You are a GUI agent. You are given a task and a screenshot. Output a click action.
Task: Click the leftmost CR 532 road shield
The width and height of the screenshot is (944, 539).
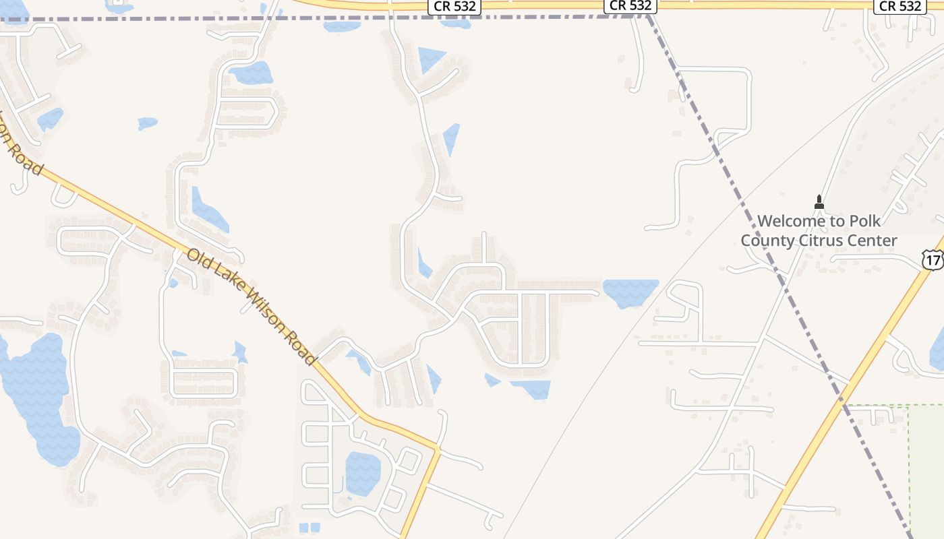click(x=452, y=6)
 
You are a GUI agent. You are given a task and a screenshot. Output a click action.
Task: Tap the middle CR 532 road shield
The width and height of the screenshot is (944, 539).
click(x=630, y=5)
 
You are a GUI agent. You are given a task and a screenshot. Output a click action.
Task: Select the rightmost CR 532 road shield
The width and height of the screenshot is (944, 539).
click(x=900, y=6)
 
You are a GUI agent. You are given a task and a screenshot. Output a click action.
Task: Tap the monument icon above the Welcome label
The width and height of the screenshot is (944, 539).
click(x=819, y=201)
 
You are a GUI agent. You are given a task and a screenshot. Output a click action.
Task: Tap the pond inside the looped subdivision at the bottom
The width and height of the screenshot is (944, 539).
click(x=362, y=471)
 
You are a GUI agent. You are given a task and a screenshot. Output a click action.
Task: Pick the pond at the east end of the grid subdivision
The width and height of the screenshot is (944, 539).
click(x=630, y=292)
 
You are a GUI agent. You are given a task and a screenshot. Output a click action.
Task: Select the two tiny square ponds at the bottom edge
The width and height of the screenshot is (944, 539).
click(x=309, y=528)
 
